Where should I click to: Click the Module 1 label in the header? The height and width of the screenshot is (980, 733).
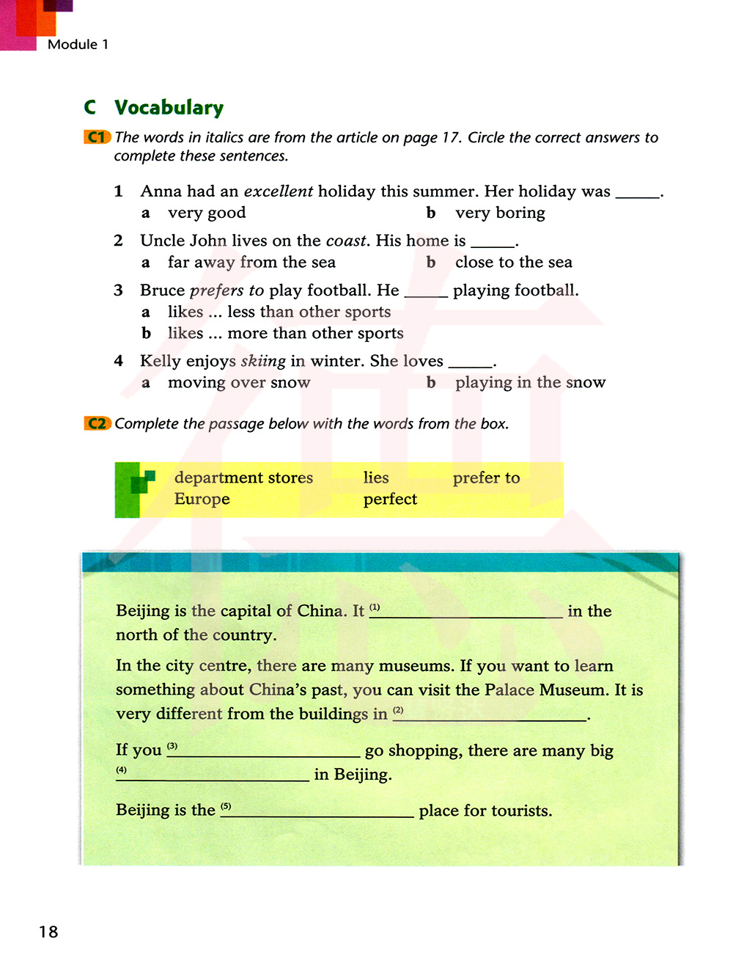pos(78,45)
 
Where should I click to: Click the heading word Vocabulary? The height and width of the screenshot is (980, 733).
pos(169,108)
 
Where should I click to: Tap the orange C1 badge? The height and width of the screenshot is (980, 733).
pos(97,137)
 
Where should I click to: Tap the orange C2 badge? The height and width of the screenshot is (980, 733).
pos(97,423)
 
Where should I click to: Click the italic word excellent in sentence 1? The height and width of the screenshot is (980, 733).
pos(279,191)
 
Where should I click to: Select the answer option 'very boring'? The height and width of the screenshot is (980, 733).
pos(500,213)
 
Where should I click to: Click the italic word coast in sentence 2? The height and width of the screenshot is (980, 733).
pos(346,241)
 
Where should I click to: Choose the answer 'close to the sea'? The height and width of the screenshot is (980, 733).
pos(513,263)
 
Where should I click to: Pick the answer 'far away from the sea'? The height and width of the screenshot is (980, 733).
pos(251,263)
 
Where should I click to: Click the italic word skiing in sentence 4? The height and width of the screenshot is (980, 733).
pos(262,361)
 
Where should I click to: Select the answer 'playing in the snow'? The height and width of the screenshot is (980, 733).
pos(530,382)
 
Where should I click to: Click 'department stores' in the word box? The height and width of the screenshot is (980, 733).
pos(243,478)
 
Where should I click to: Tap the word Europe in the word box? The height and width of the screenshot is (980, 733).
pos(202,499)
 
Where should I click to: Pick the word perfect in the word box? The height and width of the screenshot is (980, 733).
pos(390,499)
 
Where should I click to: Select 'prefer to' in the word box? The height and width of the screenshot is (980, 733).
pos(486,478)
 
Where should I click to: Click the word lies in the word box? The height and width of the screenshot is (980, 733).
pos(376,478)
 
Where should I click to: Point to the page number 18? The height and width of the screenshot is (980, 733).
pos(48,932)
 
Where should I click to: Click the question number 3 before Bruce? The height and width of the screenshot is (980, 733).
pos(118,290)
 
